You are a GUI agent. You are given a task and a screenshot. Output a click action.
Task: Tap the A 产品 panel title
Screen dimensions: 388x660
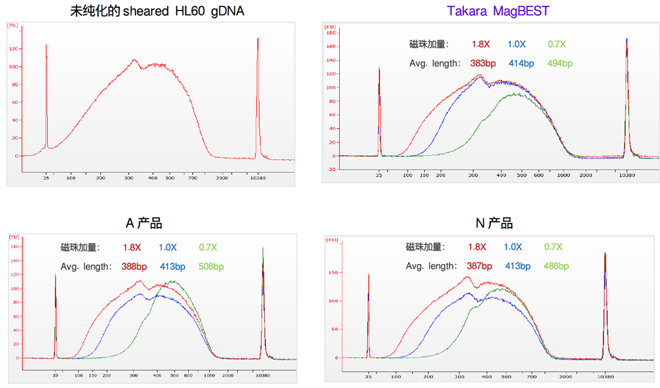click(143, 223)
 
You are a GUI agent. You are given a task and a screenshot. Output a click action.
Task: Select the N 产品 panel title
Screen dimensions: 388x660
click(494, 223)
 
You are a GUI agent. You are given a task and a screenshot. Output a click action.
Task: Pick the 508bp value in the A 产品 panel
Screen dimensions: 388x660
click(211, 267)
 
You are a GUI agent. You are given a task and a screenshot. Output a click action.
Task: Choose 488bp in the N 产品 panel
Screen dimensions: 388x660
click(556, 266)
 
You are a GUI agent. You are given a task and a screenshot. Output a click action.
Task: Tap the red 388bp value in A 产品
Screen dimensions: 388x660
click(134, 267)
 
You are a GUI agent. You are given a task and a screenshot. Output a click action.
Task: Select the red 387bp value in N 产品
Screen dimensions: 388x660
click(479, 266)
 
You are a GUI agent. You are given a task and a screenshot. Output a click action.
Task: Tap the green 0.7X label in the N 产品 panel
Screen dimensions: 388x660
click(553, 247)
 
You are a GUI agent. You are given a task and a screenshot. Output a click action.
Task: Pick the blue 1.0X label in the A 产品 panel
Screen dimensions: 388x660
click(168, 247)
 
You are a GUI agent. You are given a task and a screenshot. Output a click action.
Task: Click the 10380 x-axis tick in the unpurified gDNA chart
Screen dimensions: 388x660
click(257, 178)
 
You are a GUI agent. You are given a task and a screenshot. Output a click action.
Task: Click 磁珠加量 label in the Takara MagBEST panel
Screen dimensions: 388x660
click(429, 44)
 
